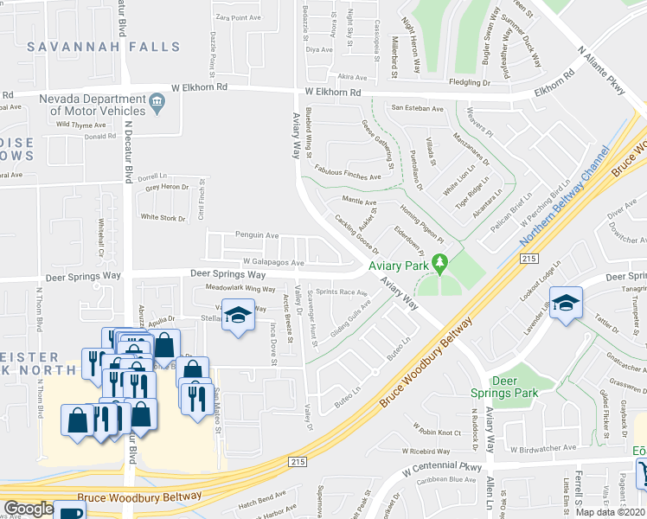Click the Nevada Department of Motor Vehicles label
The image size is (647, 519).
coord(97,105)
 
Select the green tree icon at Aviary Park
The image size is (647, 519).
coord(439,260)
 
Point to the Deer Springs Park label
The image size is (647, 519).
coord(516,387)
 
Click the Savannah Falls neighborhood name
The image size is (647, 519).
coord(84,48)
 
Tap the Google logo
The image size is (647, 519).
coord(29,509)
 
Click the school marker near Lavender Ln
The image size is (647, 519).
coord(566,303)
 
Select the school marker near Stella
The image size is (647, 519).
coord(238,314)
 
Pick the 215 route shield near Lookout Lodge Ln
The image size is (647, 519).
coord(530,259)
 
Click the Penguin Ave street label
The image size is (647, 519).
coord(257,234)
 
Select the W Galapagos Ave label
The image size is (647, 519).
coord(273,262)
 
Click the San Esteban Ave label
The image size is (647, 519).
coord(417,108)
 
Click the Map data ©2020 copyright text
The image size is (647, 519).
coord(612,512)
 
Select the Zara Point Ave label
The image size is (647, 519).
coord(238,17)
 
